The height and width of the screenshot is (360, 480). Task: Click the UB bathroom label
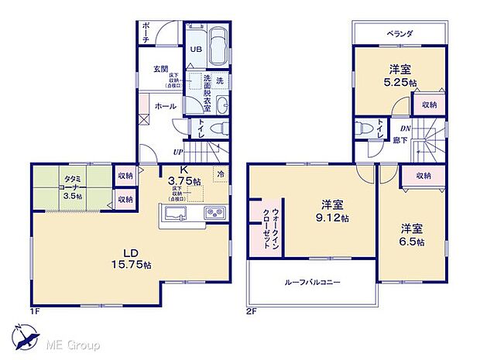[197, 50]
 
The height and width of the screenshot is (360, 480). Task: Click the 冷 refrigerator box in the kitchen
[221, 174]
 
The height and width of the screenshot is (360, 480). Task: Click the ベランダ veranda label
[400, 33]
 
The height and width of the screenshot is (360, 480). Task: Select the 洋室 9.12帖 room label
[334, 211]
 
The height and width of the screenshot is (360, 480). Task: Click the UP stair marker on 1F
[179, 152]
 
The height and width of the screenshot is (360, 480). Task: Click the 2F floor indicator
[251, 311]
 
